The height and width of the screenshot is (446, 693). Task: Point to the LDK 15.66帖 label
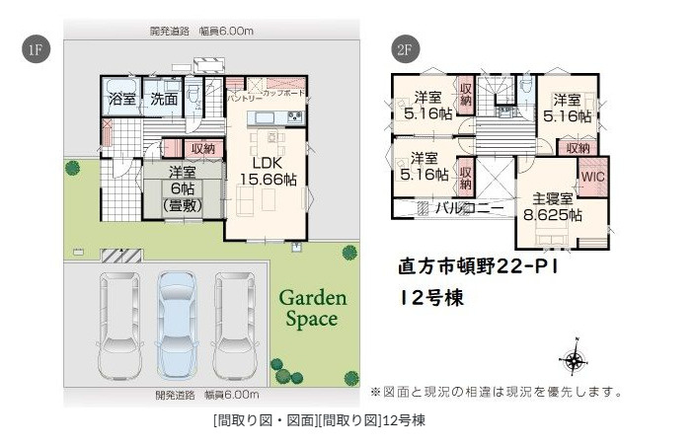267,170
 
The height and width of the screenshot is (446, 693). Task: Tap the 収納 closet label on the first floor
202,148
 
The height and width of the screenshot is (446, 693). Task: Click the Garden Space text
311,308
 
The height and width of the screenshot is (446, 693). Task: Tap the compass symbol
574,358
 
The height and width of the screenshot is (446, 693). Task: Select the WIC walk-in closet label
592,177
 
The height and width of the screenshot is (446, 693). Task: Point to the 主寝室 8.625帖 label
551,205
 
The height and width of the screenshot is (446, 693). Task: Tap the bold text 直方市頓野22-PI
479,265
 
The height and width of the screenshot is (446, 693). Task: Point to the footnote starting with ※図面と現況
496,392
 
